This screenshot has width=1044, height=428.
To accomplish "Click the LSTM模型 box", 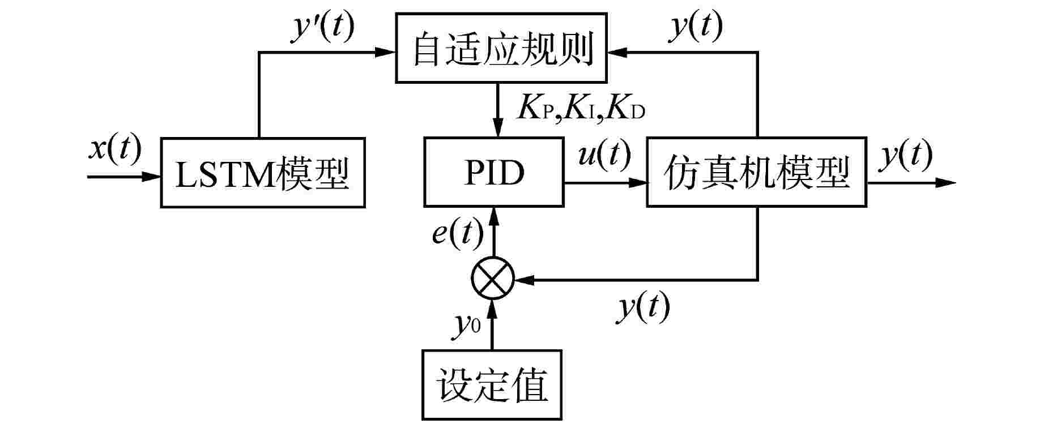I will (262, 173).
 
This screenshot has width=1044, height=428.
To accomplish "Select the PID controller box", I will (493, 173).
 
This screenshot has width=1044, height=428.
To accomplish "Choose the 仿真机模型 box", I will (756, 173).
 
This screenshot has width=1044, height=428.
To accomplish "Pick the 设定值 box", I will (492, 385).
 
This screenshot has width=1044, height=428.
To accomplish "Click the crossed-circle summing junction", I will (492, 279).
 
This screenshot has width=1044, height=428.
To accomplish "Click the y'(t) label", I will (322, 28).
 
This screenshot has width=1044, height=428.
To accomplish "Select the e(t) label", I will (458, 232).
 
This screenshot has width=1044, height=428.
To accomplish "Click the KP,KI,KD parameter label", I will (581, 109).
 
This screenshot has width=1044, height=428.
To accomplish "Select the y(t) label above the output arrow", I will (905, 155).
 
